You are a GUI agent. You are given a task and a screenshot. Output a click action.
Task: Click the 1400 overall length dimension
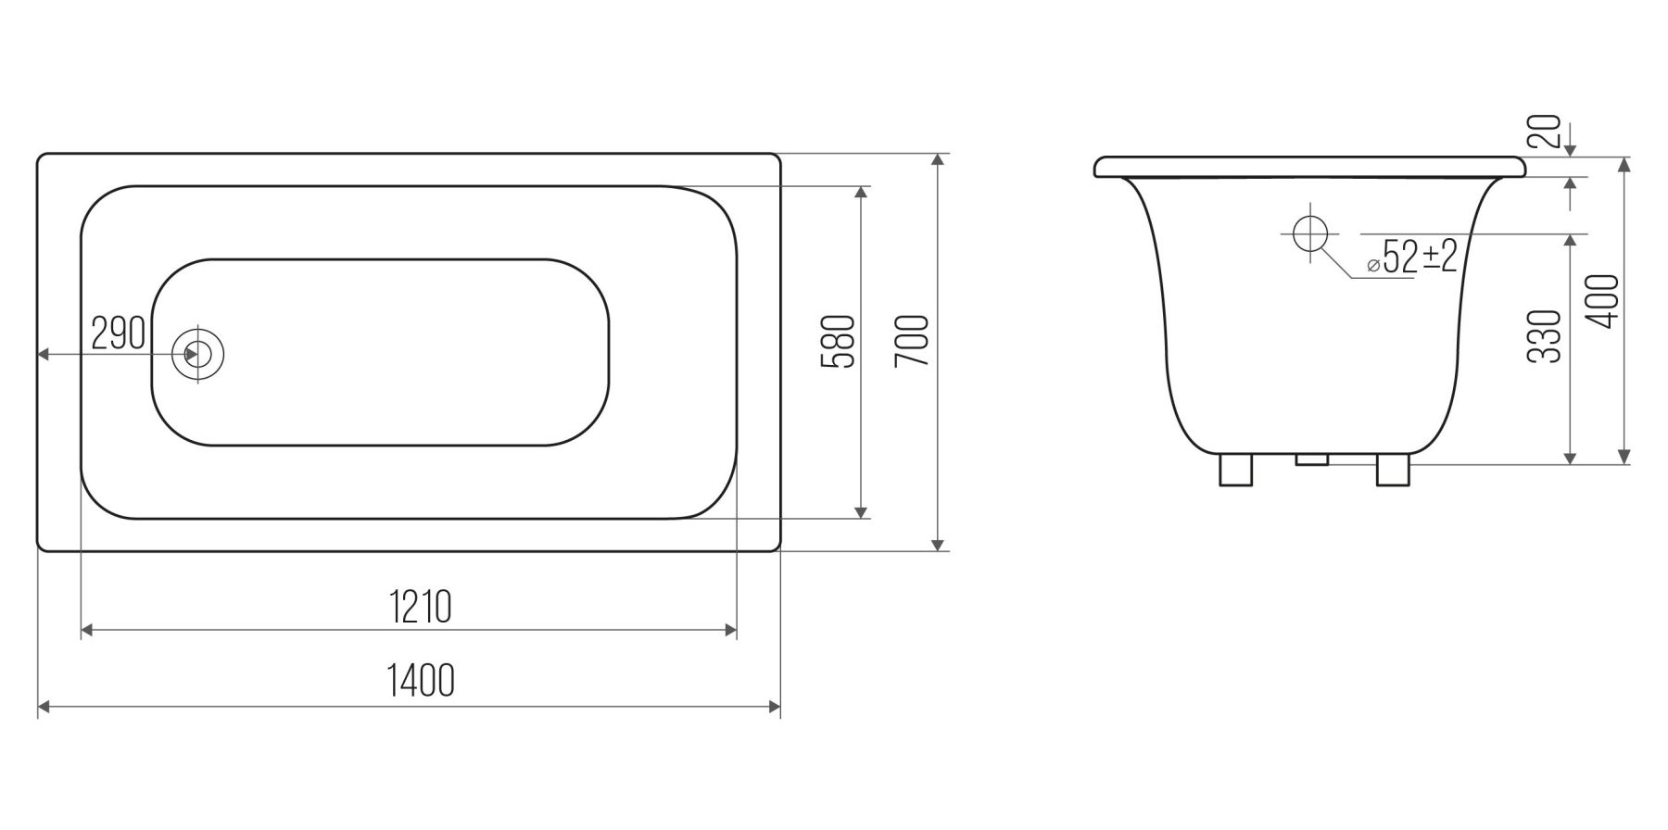pos(421,681)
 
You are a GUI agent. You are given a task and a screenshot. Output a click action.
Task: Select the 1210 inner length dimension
pos(421,607)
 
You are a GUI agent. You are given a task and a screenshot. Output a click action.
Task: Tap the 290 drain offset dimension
pos(119,333)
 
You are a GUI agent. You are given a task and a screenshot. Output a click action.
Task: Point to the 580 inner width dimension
pos(838,342)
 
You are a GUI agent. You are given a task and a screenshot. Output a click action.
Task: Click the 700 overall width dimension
pos(912,340)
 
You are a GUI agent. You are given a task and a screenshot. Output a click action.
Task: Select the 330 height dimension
pos(1545,336)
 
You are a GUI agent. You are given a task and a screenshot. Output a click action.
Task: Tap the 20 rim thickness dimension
pos(1545,132)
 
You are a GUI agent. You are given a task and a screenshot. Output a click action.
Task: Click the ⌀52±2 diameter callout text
pos(1412,256)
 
